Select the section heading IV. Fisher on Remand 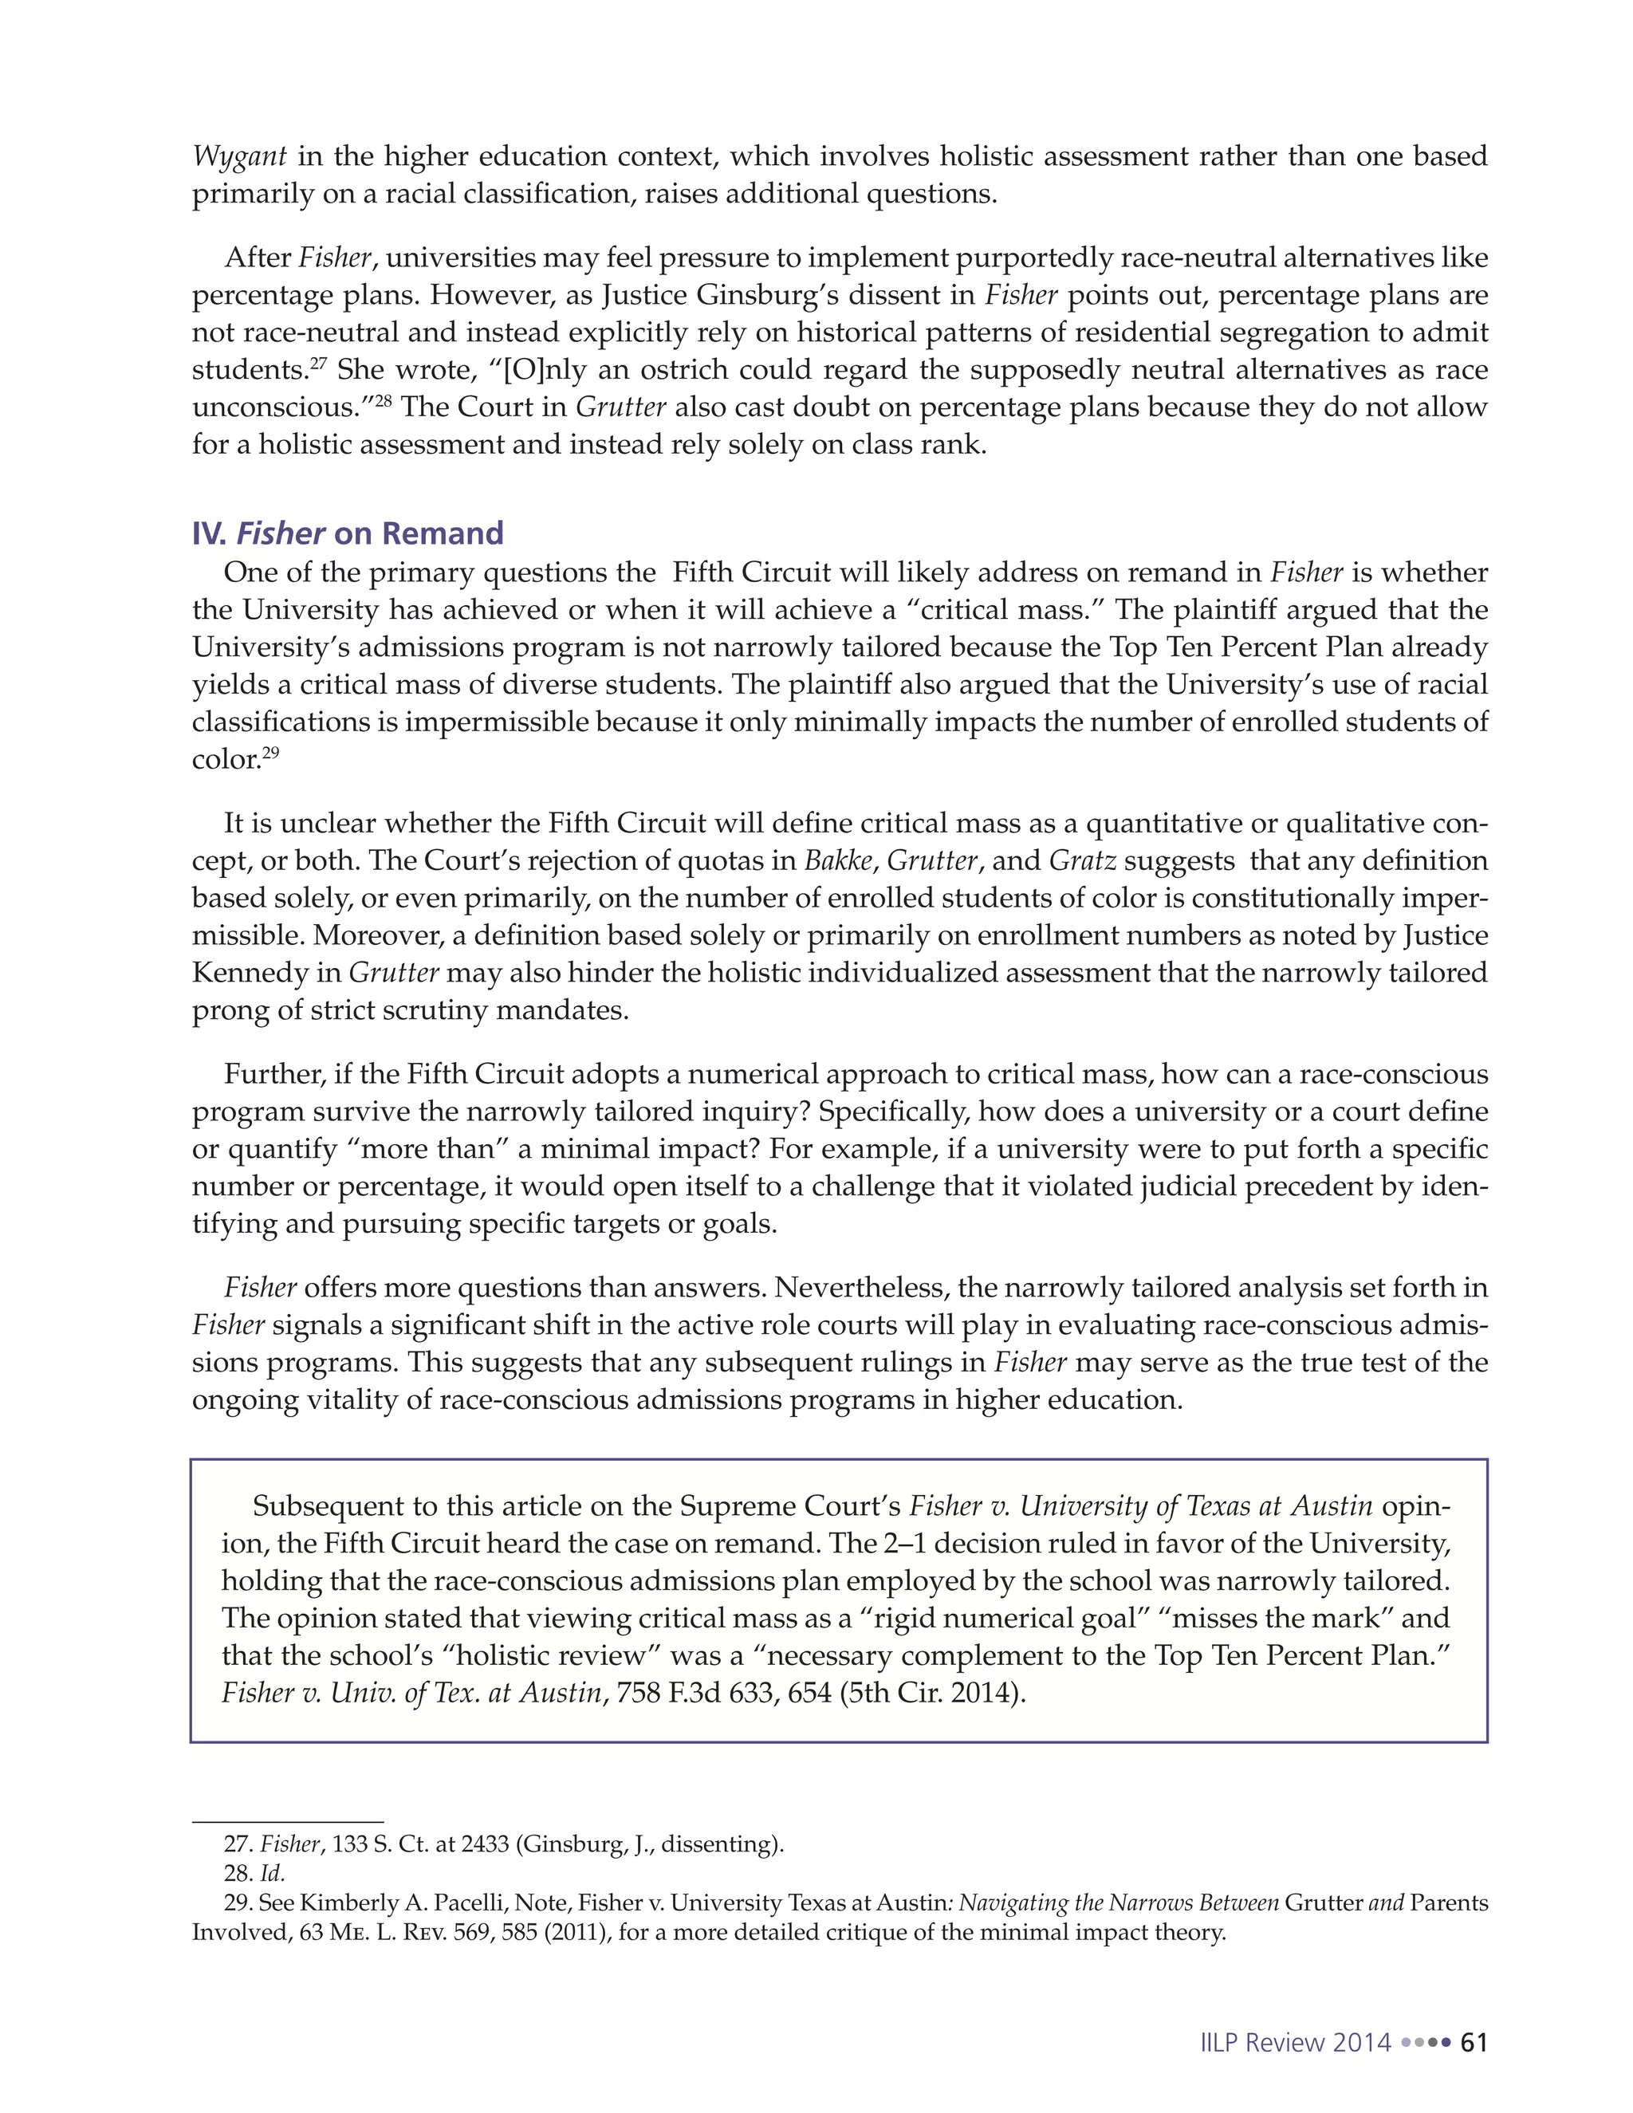pos(348,533)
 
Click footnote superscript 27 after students pos(317,363)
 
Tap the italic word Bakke pos(839,861)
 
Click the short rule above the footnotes pos(287,1822)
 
